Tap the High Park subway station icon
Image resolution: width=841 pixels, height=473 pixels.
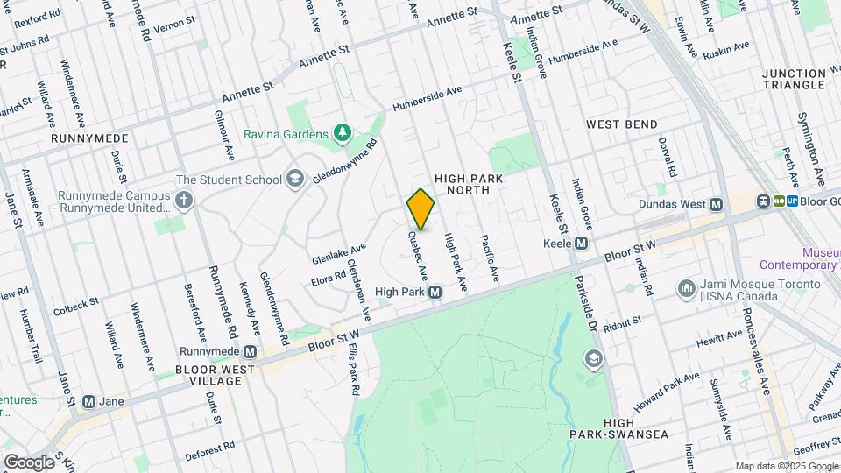click(x=435, y=293)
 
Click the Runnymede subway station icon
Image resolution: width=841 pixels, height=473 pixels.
click(x=251, y=352)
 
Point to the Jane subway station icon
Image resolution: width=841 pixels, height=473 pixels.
click(x=88, y=402)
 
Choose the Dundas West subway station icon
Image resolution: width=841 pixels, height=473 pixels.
click(x=717, y=205)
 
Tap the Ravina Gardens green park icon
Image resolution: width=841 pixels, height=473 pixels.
click(x=343, y=134)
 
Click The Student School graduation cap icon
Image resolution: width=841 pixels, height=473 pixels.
click(x=295, y=180)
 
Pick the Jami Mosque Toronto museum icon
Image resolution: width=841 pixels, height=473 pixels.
click(x=686, y=287)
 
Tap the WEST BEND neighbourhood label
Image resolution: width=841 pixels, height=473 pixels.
click(x=621, y=124)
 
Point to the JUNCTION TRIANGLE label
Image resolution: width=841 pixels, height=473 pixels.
click(x=794, y=79)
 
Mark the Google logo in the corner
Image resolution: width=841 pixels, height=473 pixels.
click(x=28, y=462)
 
